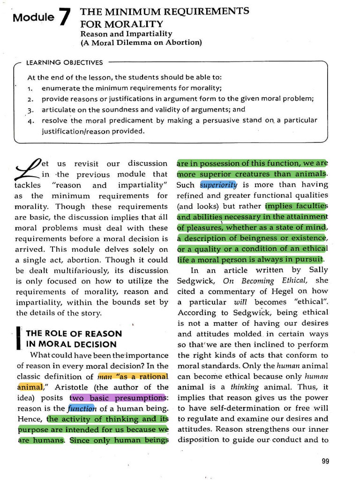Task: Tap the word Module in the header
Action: (33, 18)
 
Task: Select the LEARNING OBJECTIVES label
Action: (64, 62)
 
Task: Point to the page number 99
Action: (326, 461)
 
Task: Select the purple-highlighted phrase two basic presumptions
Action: (118, 398)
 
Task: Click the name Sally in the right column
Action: (319, 270)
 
